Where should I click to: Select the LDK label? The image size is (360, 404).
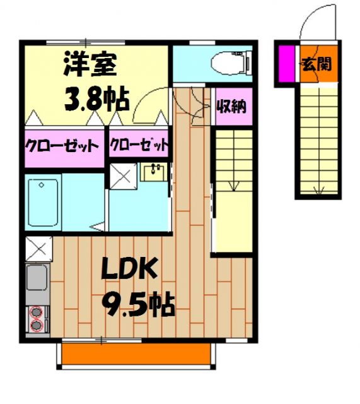pyautogui.click(x=129, y=270)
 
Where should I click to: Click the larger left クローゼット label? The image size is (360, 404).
pyautogui.click(x=62, y=146)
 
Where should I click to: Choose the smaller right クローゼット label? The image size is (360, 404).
pyautogui.click(x=139, y=145)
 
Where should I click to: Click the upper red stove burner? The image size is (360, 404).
pyautogui.click(x=37, y=312)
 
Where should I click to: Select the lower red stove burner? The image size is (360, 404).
pyautogui.click(x=37, y=326)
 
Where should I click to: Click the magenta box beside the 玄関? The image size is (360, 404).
pyautogui.click(x=286, y=64)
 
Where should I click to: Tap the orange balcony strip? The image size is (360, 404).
pyautogui.click(x=138, y=357)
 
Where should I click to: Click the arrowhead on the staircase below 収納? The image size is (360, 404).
pyautogui.click(x=233, y=186)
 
